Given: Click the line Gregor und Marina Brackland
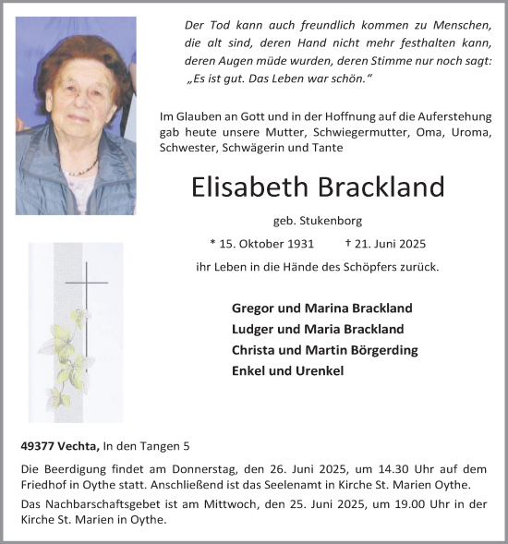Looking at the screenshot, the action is tap(322, 308).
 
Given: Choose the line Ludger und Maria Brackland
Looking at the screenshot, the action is tap(318, 329).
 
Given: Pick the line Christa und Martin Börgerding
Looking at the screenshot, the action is tap(325, 350).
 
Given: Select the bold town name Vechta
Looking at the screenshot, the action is tap(79, 447).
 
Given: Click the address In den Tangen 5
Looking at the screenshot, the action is tap(144, 447).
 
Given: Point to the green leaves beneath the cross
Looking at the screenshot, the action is tap(70, 356).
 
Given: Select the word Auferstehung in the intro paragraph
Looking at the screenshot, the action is tap(458, 118).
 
